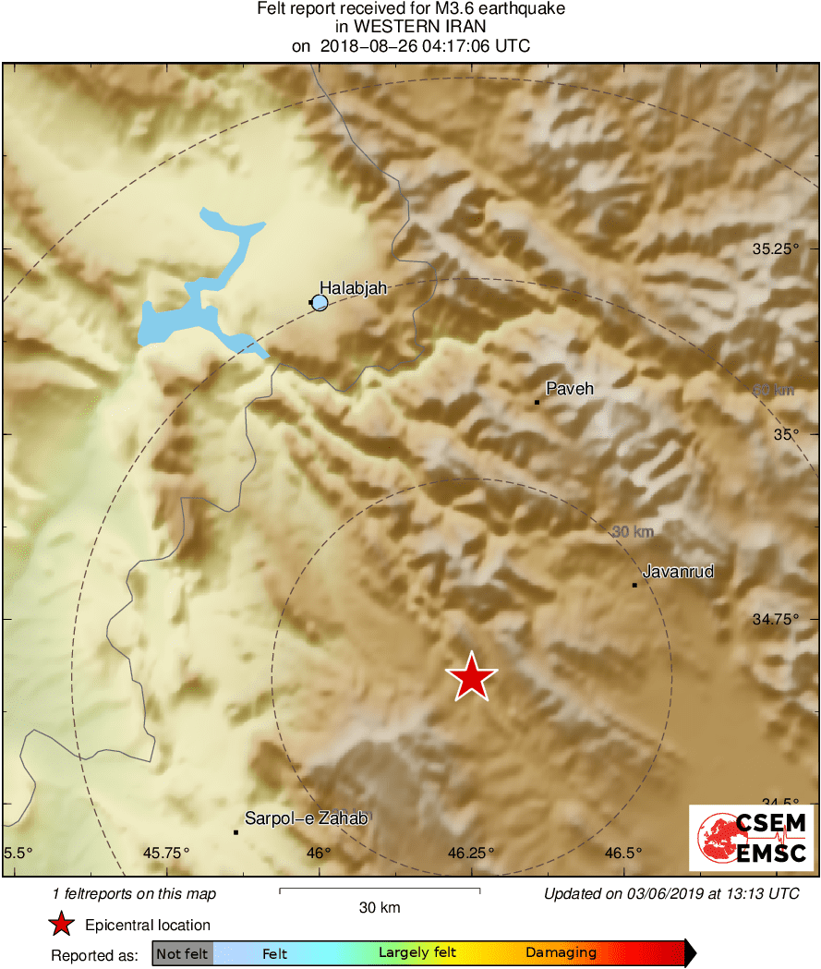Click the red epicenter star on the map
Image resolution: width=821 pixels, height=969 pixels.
pos(471,677)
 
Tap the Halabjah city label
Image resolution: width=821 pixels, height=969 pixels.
pos(353,288)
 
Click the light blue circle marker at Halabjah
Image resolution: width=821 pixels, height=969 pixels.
pos(320,302)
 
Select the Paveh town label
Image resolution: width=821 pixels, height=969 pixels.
pos(570,389)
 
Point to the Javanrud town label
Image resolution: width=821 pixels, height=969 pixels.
pos(678,572)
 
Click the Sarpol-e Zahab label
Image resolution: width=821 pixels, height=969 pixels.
pos(306,818)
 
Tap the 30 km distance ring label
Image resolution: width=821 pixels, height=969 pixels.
pos(633,531)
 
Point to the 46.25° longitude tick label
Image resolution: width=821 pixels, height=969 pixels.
pos(471,852)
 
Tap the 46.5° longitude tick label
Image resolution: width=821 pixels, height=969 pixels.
pos(624,852)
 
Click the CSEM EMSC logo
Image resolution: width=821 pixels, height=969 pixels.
pos(751,838)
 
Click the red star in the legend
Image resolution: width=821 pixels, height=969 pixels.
pos(61,924)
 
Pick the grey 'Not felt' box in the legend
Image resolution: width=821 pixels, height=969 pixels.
pos(182,953)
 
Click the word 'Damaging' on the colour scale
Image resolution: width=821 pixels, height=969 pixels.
pos(561,953)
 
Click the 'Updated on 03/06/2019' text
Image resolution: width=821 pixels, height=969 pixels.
pos(671,893)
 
